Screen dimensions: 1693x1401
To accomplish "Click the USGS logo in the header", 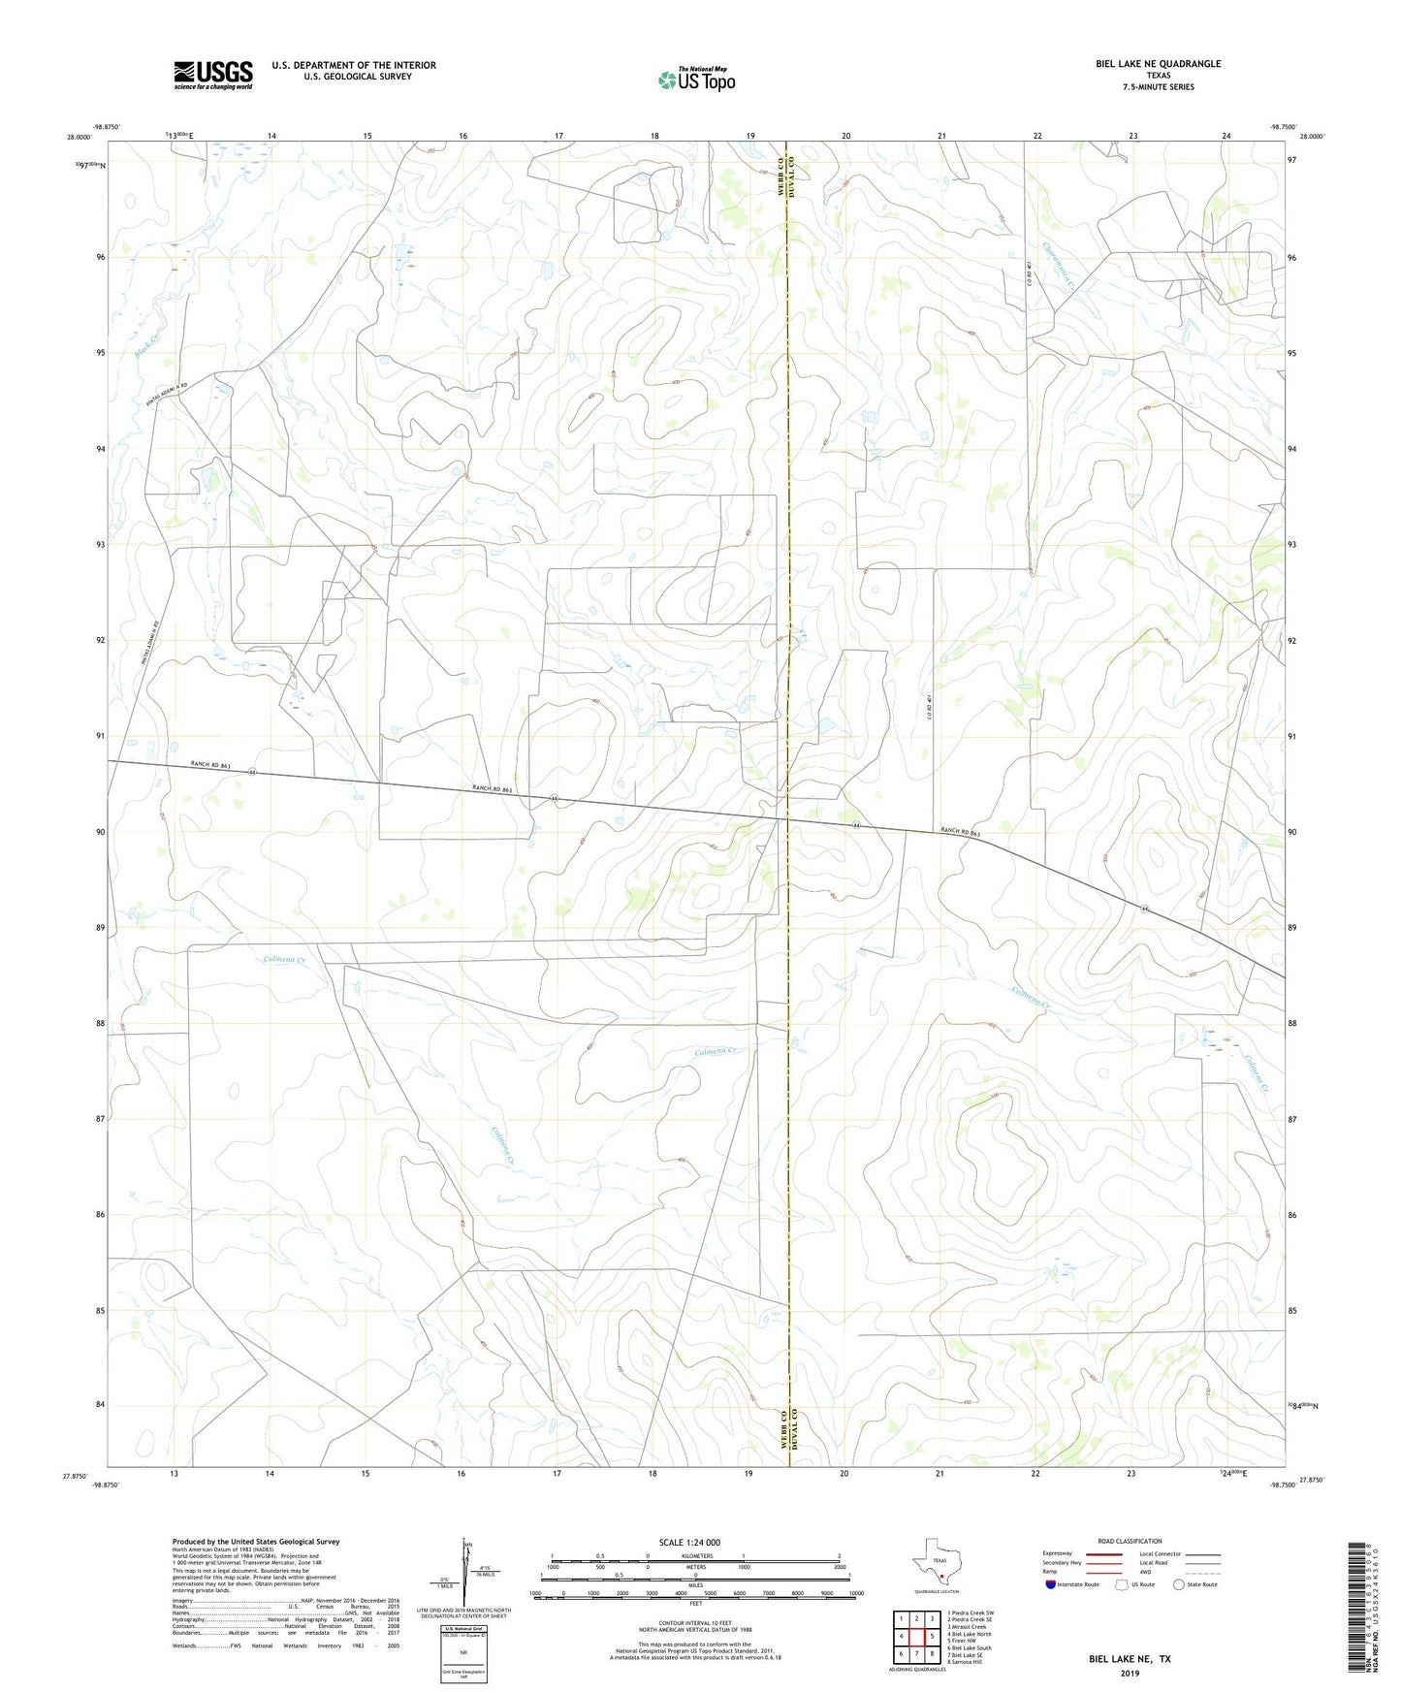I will [x=212, y=75].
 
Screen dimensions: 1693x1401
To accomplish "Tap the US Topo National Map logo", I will [x=696, y=80].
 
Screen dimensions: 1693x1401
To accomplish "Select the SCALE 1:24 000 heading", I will [x=689, y=1543].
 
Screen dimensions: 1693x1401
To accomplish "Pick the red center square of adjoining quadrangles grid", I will [x=916, y=1638].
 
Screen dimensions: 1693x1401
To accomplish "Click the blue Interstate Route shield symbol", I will [x=1051, y=1584].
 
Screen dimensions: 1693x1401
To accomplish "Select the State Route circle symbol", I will [x=1179, y=1584].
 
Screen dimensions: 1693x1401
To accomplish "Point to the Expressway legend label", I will [x=1059, y=1553].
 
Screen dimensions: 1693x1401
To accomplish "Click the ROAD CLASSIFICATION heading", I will [x=1130, y=1541].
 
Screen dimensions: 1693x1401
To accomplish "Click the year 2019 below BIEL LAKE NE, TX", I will [x=1130, y=1673].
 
